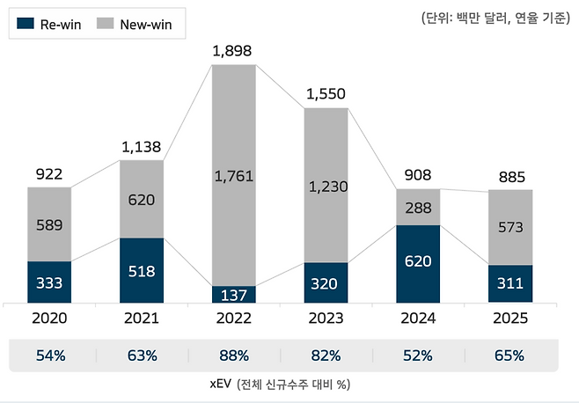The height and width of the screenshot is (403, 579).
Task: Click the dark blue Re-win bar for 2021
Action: pyautogui.click(x=141, y=271)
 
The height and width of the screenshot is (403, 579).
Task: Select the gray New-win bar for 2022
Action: pyautogui.click(x=233, y=175)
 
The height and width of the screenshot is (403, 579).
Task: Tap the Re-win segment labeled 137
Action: pyautogui.click(x=233, y=295)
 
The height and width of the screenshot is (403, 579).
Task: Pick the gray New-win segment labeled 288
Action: pyautogui.click(x=418, y=207)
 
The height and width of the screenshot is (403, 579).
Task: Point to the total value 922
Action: pyautogui.click(x=48, y=173)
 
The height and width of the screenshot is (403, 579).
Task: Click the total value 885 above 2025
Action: pyautogui.click(x=510, y=176)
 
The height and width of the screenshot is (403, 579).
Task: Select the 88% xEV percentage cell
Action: pyautogui.click(x=233, y=356)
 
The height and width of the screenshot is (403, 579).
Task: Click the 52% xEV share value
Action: pyautogui.click(x=418, y=356)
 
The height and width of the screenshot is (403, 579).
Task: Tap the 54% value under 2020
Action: pyautogui.click(x=48, y=356)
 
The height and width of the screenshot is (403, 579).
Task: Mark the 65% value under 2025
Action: pyautogui.click(x=510, y=356)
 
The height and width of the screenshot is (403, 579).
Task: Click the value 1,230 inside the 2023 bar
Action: pyautogui.click(x=325, y=187)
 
